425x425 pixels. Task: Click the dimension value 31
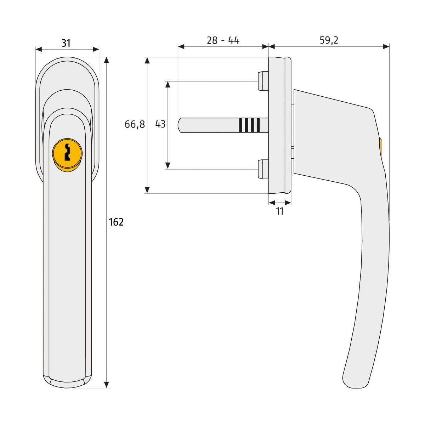(66, 43)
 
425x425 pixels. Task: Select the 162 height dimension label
(116, 222)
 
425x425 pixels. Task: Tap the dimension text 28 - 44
(223, 40)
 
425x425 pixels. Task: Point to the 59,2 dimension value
(329, 40)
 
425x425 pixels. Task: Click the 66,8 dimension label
(135, 124)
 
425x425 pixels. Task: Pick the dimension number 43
(160, 124)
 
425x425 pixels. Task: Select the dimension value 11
(280, 211)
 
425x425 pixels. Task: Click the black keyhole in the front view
(67, 152)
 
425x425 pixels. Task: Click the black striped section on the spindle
(249, 125)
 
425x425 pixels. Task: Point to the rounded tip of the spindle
(181, 125)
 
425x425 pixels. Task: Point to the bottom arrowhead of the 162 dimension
(107, 384)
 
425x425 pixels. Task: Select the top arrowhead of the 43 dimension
(168, 84)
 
